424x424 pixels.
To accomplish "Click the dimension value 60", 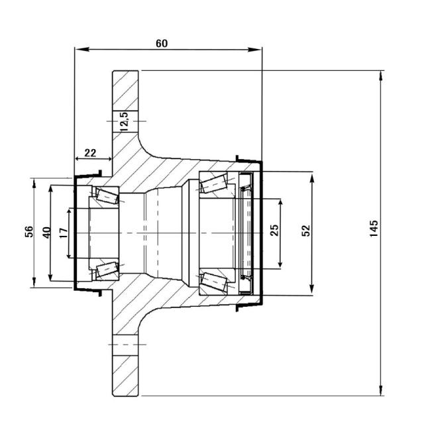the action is click(162, 43).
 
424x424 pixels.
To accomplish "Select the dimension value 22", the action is click(90, 153).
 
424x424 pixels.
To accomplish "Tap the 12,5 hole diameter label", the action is click(125, 121).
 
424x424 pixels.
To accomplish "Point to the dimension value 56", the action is click(29, 231).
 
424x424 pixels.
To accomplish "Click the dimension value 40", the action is click(46, 233).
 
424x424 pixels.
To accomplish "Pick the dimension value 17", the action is click(64, 233).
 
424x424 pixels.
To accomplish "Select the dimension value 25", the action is click(274, 231).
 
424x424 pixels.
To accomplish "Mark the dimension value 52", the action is click(306, 231).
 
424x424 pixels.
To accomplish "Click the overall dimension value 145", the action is click(374, 229).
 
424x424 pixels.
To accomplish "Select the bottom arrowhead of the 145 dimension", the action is click(381, 390).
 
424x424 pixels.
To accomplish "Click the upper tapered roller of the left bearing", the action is click(107, 196).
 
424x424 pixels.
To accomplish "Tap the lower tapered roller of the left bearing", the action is click(107, 269).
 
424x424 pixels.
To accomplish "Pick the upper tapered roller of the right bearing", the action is click(213, 184).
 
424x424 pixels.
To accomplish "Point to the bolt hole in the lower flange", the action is click(125, 344).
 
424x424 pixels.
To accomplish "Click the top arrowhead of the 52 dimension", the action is click(312, 180).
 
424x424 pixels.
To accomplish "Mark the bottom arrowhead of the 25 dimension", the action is click(280, 262).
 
